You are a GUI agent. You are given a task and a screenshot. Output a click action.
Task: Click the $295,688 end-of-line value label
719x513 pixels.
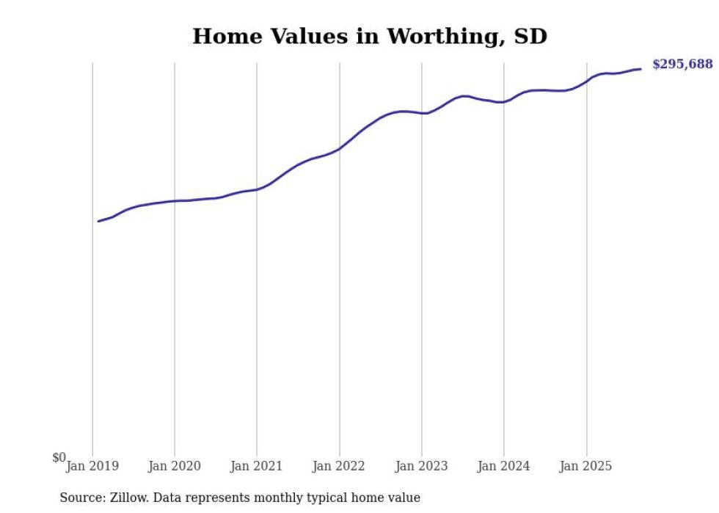pos(682,65)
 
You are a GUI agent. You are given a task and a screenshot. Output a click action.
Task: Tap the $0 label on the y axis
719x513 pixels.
pos(59,458)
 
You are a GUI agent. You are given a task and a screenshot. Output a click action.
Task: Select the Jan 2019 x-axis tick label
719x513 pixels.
pos(92,466)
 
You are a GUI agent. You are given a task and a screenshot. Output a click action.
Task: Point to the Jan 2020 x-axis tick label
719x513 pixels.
pos(175,466)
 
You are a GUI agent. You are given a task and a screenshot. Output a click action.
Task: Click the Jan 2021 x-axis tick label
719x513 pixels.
pos(257,466)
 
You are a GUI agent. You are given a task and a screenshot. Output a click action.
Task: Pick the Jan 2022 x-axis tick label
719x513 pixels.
pos(339,466)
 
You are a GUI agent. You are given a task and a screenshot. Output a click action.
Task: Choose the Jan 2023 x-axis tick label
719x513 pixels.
pos(421,466)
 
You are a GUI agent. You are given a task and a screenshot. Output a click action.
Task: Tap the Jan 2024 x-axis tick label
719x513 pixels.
pos(503,466)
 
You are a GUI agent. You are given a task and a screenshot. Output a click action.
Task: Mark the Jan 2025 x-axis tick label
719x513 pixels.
pos(585,466)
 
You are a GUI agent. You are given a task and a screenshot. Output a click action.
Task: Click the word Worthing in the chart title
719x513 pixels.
pos(442,37)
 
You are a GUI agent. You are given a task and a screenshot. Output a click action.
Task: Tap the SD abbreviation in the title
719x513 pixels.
pos(530,36)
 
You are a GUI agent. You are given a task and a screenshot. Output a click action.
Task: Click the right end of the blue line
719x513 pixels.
pos(640,69)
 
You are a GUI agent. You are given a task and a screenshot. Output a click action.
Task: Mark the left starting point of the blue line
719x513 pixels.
pos(98,221)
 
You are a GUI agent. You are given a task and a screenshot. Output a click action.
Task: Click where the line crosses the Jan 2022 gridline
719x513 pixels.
pos(340,149)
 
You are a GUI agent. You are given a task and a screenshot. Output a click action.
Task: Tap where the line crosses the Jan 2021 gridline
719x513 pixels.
pos(257,189)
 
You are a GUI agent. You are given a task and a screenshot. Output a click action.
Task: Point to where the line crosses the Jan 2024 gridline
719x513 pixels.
pos(504,102)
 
